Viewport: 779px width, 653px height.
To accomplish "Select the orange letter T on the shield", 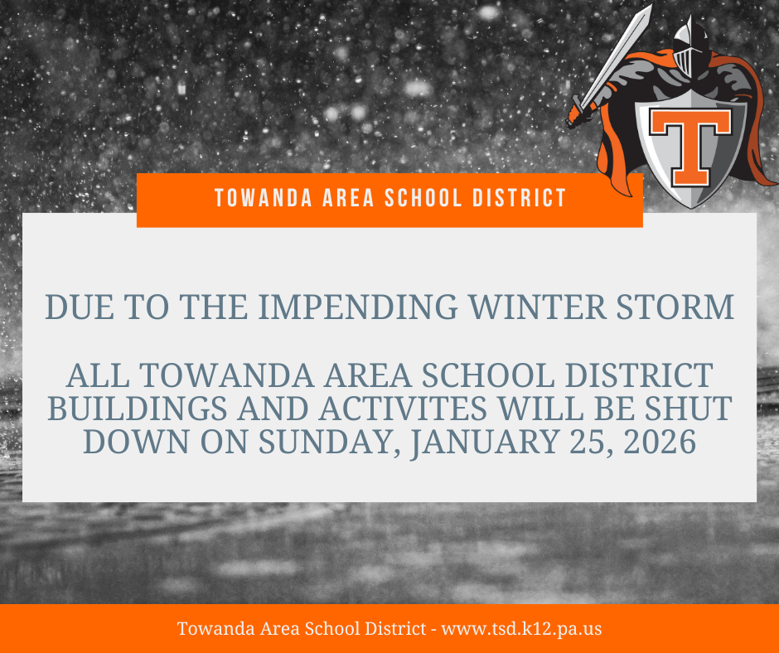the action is (690, 147).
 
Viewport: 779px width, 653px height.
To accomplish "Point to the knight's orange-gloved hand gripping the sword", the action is (578, 115).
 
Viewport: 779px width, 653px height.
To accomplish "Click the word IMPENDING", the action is (358, 307).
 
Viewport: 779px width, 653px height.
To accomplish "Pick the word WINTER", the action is (538, 307).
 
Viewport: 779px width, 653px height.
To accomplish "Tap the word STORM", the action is (675, 307).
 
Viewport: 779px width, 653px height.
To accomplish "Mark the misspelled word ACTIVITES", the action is (403, 409).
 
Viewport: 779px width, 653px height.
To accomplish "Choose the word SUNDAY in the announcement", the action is (329, 442).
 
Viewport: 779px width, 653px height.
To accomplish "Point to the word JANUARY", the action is (485, 442).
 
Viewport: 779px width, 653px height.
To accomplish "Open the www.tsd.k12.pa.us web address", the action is (521, 629).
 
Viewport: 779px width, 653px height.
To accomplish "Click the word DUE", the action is (80, 307).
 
